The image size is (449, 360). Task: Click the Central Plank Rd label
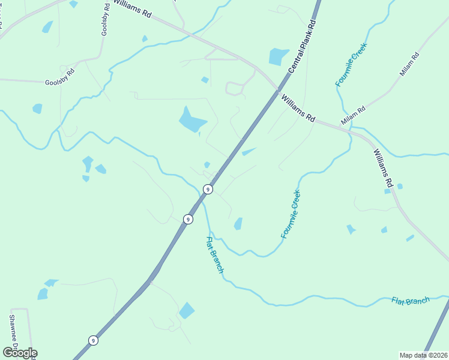click(301, 46)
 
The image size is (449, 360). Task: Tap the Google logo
click(19, 353)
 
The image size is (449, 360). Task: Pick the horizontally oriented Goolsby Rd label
click(59, 76)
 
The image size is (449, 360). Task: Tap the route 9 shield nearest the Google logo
click(93, 340)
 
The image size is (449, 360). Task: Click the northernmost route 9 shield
click(207, 189)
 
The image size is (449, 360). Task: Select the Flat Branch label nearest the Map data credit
click(411, 301)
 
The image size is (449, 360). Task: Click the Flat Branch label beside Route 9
click(214, 255)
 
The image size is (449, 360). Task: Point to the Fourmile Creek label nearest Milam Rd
click(351, 65)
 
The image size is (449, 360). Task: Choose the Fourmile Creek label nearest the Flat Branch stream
click(291, 214)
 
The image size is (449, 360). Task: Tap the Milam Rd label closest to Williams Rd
click(353, 116)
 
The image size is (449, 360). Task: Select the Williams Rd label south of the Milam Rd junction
click(382, 168)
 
